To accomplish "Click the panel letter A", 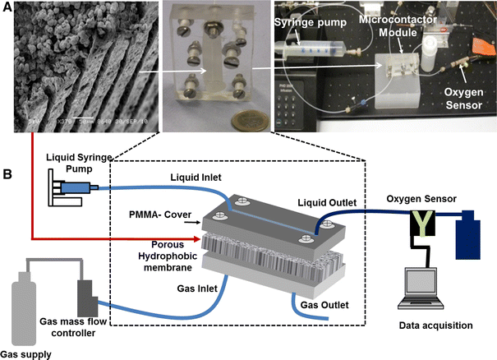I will pyautogui.click(x=7, y=7).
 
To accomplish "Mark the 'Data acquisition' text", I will pyautogui.click(x=435, y=325).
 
